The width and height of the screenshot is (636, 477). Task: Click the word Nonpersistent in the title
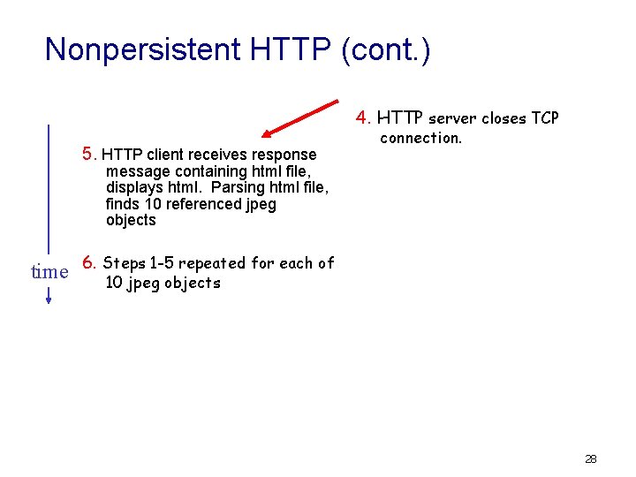click(x=143, y=49)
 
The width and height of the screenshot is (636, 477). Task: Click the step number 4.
click(x=362, y=117)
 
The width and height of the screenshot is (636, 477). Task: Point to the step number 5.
click(x=88, y=154)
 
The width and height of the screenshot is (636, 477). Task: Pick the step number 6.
click(x=88, y=262)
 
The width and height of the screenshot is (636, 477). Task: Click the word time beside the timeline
click(x=49, y=272)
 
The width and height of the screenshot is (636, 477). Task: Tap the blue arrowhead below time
click(x=49, y=299)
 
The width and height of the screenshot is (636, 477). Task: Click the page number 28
click(x=591, y=458)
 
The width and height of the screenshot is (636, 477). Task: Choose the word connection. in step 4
click(x=420, y=138)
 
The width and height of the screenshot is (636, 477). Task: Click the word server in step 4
click(x=453, y=118)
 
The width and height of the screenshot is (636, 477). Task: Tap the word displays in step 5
click(x=134, y=187)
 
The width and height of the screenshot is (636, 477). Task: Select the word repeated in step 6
click(x=212, y=263)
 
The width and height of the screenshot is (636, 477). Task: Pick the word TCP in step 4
click(x=544, y=118)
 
